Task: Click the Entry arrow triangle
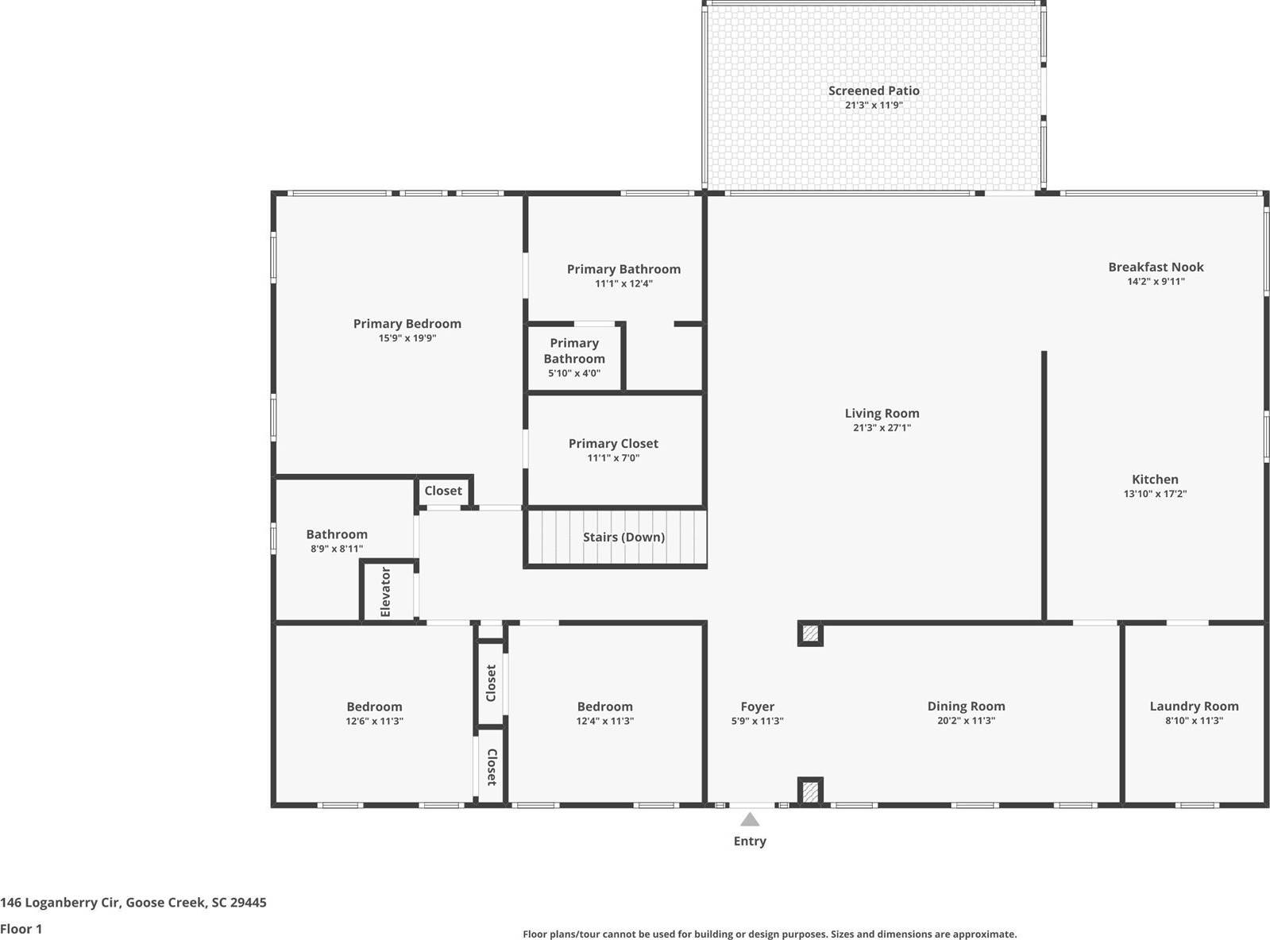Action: coord(749,819)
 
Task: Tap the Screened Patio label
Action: coord(874,91)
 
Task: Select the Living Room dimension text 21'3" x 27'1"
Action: coord(882,428)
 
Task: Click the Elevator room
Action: coord(387,591)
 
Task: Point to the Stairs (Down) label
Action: coord(623,537)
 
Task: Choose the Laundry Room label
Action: coord(1194,706)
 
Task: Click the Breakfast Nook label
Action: coord(1156,267)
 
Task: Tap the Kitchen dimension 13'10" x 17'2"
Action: coord(1155,494)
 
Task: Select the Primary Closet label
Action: coord(613,444)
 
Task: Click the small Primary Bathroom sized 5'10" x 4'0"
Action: coord(574,357)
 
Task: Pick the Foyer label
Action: coord(757,707)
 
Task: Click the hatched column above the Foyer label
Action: coord(809,634)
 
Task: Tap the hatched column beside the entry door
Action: coord(809,791)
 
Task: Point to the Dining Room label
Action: coord(966,706)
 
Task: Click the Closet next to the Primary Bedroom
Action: coord(443,491)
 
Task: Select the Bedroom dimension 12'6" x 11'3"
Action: coord(374,721)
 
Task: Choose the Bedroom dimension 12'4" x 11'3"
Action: coord(604,721)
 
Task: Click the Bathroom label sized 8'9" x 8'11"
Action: coord(337,534)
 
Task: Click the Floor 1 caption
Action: coord(21,928)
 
